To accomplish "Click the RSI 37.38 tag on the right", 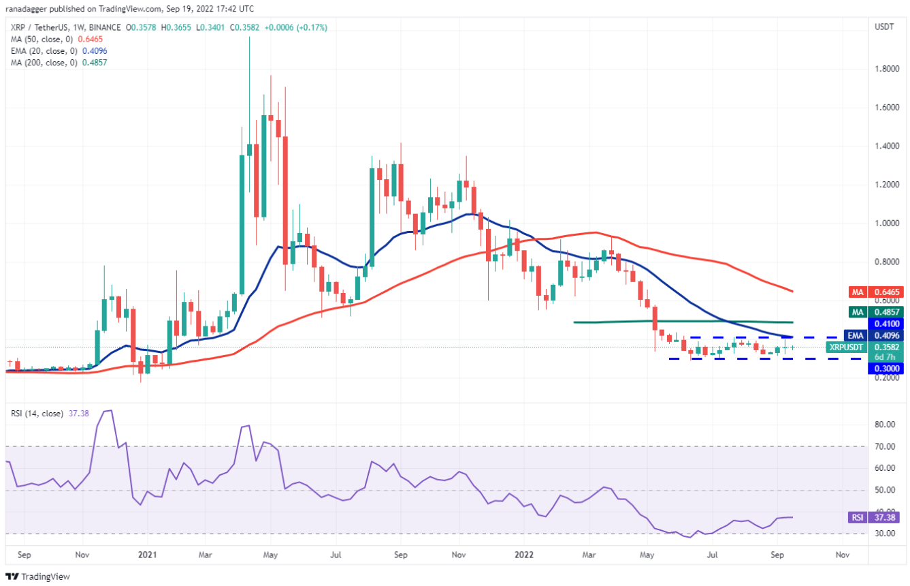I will [x=875, y=517].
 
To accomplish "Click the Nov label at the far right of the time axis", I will [x=842, y=555].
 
